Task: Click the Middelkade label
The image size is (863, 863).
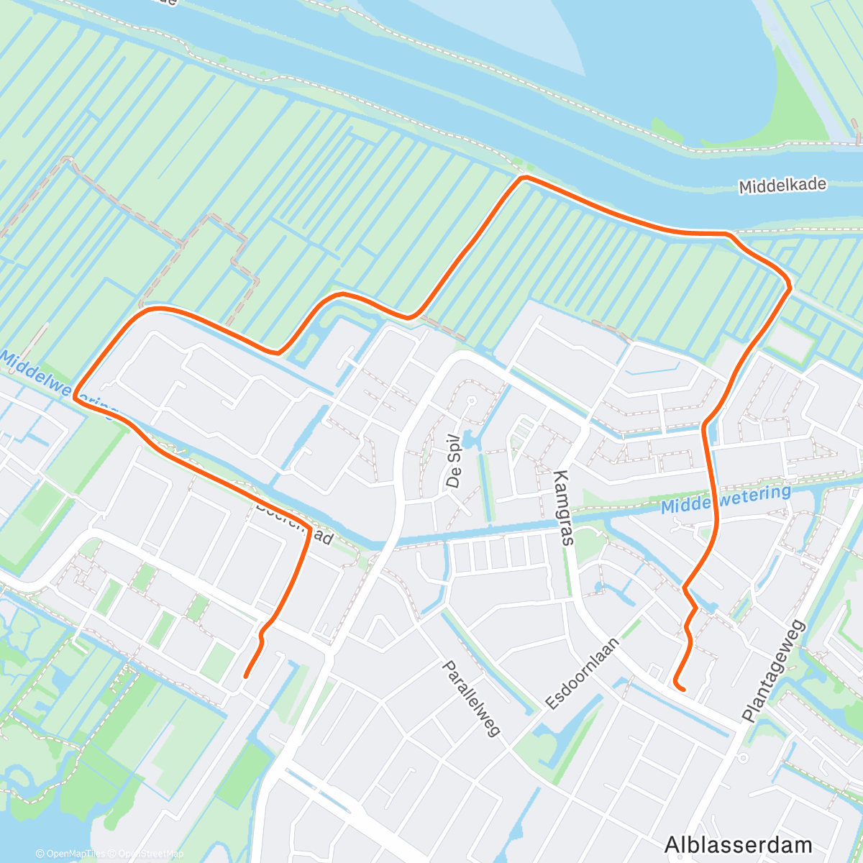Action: (x=782, y=186)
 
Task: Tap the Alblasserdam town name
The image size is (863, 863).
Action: (x=738, y=844)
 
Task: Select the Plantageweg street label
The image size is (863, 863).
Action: (x=775, y=670)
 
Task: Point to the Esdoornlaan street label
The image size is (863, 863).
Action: (x=582, y=674)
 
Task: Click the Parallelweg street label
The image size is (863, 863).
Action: (x=471, y=698)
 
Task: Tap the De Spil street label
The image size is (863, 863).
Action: (x=452, y=461)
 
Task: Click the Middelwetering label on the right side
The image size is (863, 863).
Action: (x=726, y=498)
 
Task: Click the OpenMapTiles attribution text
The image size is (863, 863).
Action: (x=70, y=854)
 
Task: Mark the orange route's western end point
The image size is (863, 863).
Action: (x=246, y=677)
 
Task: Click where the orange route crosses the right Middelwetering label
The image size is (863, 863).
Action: (x=716, y=501)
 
